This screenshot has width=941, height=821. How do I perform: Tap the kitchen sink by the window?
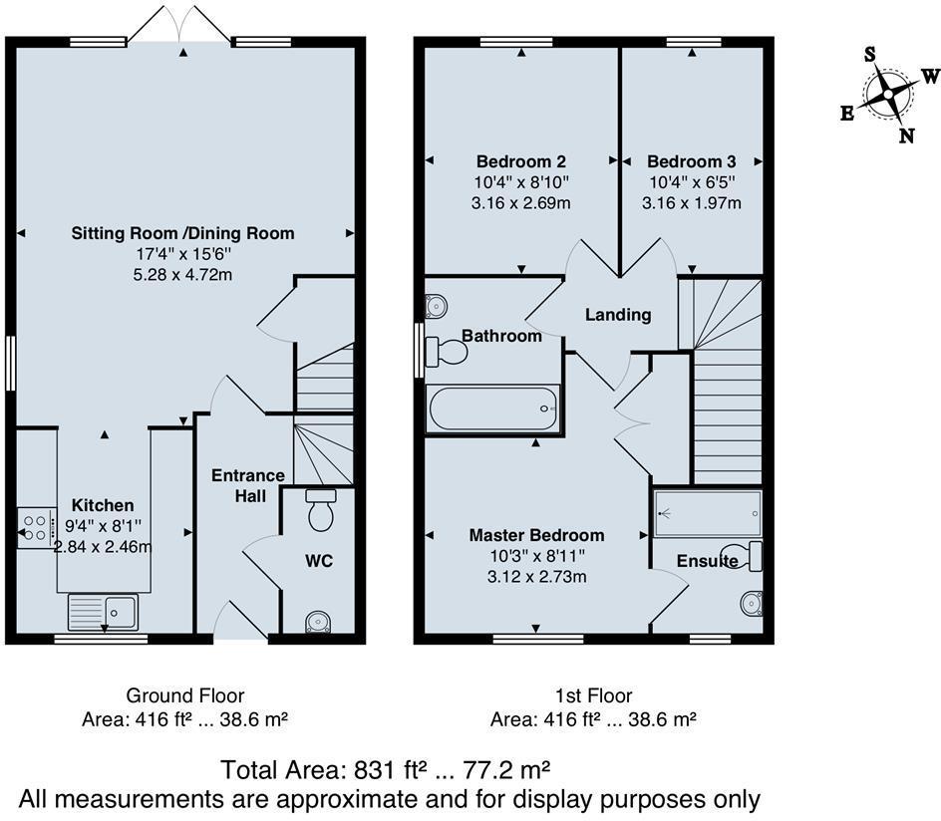tap(103, 611)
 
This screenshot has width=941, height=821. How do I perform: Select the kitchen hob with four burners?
tap(37, 528)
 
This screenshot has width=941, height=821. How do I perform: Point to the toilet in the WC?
tap(321, 510)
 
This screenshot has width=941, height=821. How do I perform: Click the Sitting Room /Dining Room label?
tap(182, 233)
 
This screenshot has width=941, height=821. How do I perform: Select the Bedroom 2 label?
tap(520, 161)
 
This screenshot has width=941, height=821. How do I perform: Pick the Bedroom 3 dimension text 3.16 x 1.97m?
tap(691, 203)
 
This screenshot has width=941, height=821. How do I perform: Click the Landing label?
tap(617, 315)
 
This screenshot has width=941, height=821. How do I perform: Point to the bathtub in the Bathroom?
tap(492, 410)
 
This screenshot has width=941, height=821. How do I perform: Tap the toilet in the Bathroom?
tap(447, 352)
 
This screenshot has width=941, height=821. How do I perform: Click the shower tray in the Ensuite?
tap(708, 513)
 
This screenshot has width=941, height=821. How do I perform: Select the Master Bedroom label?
tap(536, 535)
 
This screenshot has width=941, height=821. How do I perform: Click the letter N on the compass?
tap(906, 137)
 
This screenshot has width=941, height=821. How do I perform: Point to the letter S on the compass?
tap(869, 55)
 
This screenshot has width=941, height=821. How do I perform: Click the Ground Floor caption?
tap(184, 695)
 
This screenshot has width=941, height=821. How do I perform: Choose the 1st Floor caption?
tap(592, 695)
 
